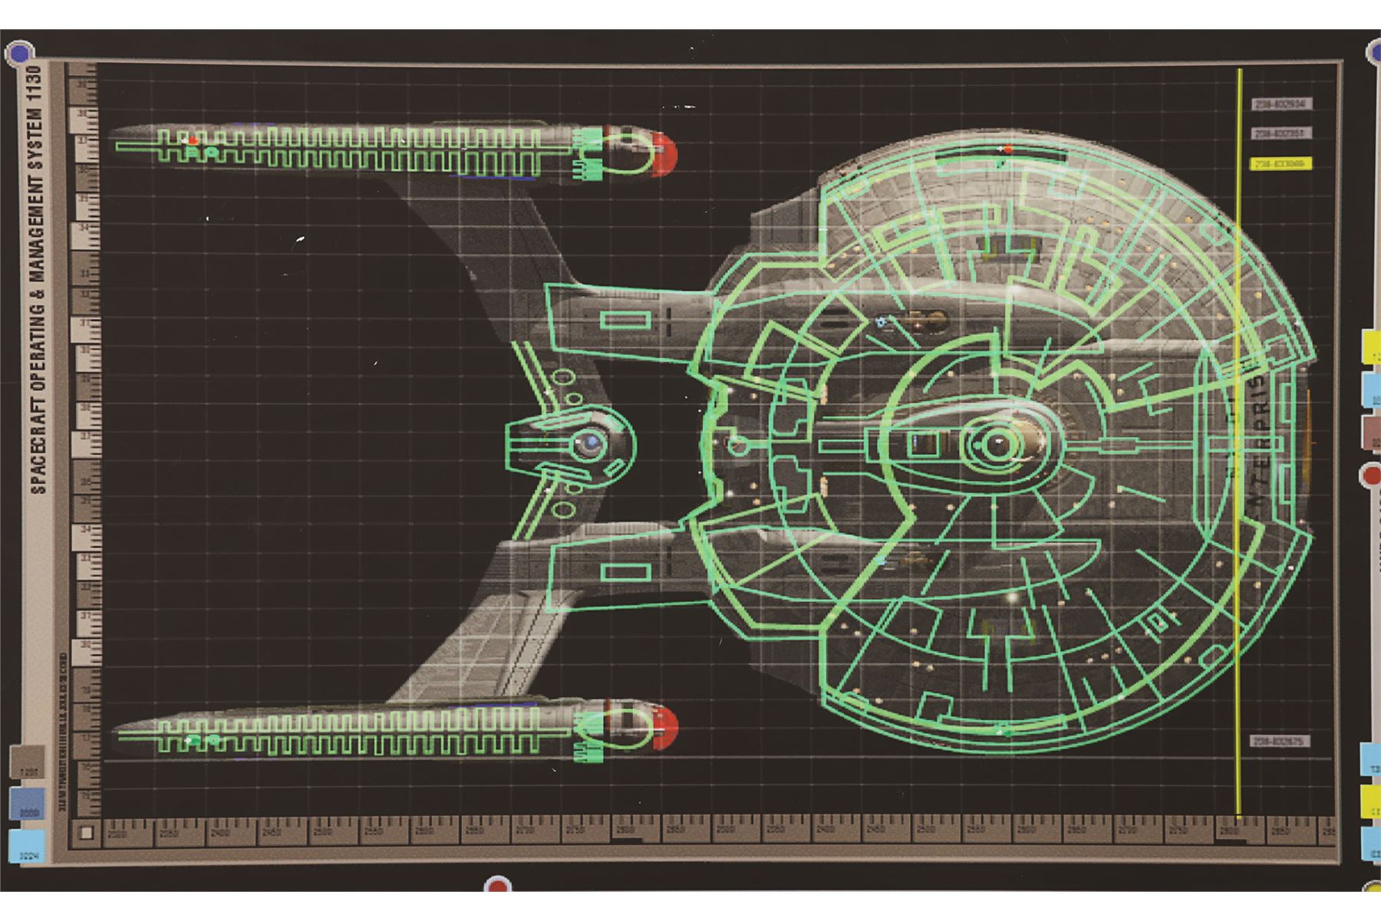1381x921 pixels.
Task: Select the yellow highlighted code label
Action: [1281, 164]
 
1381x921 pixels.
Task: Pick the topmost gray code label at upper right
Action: [1281, 104]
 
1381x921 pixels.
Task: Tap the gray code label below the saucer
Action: [1280, 742]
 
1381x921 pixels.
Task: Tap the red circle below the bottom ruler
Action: [498, 886]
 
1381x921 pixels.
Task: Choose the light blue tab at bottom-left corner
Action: [27, 846]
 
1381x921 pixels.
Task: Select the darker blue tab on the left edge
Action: [28, 803]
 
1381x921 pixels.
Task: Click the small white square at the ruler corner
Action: [87, 832]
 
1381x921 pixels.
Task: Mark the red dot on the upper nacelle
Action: [193, 141]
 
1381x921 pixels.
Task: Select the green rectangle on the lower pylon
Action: [625, 571]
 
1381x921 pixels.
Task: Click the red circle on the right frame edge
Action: [1372, 476]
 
